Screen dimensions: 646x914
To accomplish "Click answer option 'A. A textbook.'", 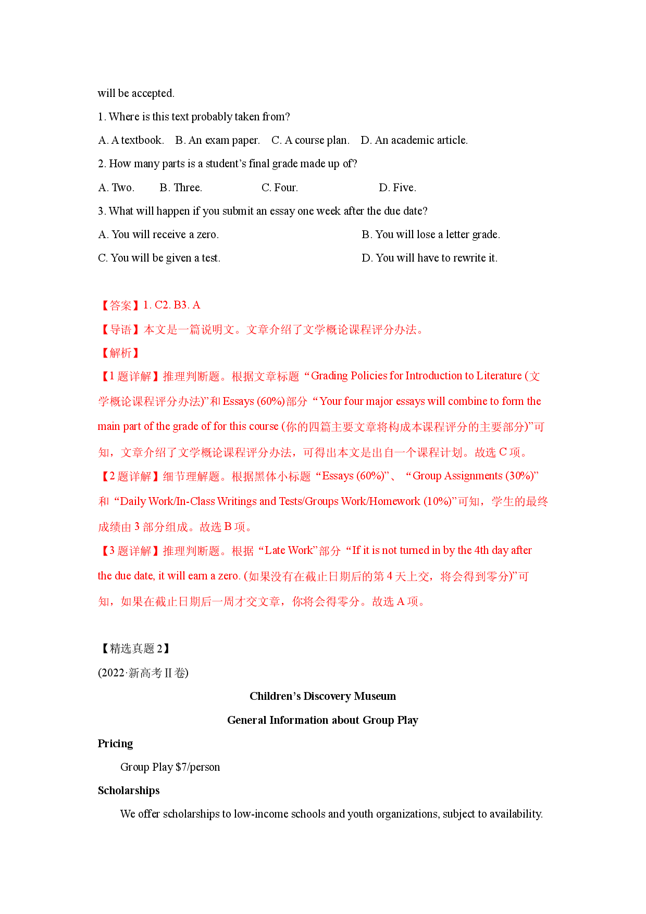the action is [131, 140].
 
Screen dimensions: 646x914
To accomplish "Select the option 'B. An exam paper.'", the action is [217, 140].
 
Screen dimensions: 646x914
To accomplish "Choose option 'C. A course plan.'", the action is [310, 140].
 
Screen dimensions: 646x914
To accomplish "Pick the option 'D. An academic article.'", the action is [414, 140].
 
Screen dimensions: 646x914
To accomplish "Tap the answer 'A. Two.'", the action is [116, 188].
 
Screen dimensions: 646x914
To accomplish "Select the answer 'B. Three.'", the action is [181, 188].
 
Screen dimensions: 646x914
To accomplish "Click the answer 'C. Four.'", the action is [280, 188].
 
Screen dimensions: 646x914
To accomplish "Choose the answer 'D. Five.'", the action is [397, 188].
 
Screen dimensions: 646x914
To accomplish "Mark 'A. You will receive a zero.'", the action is [158, 234].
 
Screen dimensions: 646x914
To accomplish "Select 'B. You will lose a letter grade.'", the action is [431, 234].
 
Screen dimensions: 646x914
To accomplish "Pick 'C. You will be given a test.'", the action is [159, 258].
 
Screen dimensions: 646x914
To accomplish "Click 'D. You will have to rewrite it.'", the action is [429, 258].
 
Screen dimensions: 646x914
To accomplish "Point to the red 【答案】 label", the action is [119, 305].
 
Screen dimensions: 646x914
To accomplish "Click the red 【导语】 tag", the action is [119, 329].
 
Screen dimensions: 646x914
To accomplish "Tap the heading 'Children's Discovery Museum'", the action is [322, 696].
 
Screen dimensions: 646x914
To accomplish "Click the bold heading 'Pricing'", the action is [115, 744].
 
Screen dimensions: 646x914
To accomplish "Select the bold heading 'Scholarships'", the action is [129, 791].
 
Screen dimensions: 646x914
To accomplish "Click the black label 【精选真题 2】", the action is [134, 648].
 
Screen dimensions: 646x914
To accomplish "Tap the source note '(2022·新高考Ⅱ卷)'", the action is [143, 673].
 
